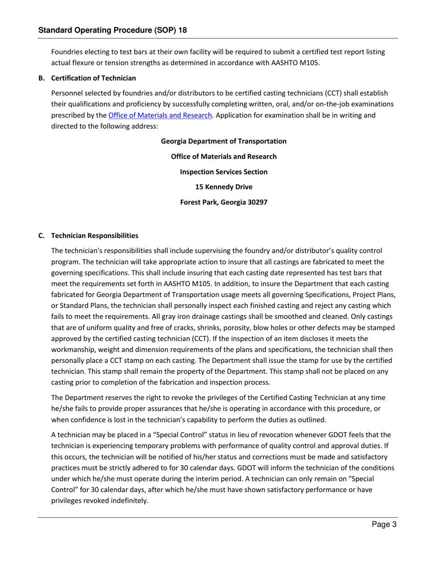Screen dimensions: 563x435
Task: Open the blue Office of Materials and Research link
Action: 160,115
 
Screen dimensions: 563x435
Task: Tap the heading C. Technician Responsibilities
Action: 88,236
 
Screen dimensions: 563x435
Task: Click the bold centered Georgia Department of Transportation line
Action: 223,141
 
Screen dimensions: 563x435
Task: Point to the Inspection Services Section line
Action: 223,172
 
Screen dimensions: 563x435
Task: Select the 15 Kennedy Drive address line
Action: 223,187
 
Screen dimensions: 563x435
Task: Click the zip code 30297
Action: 257,202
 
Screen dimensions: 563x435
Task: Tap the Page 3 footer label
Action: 384,525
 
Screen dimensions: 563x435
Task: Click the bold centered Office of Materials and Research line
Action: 223,157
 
